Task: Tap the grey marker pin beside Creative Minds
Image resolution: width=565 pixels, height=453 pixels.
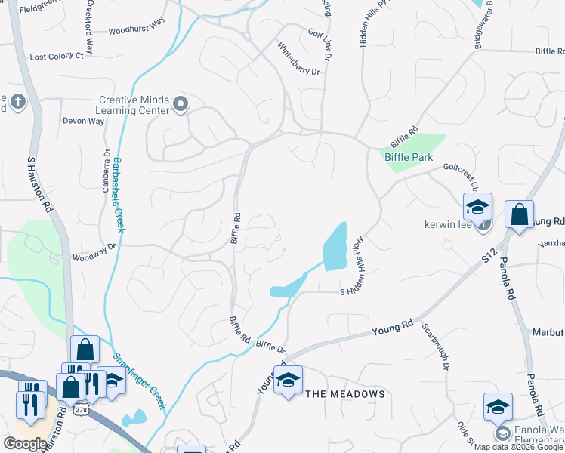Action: coord(180,104)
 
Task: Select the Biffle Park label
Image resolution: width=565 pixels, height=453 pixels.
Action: coord(409,157)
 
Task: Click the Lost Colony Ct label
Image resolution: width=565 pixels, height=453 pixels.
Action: coord(57,57)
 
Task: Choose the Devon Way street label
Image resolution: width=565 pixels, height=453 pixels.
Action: coord(83,121)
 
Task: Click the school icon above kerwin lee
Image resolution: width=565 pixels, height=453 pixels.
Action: coord(477,206)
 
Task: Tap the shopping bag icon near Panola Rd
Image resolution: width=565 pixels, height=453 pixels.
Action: coord(519,214)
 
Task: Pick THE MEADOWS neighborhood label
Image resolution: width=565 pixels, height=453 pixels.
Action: coord(345,394)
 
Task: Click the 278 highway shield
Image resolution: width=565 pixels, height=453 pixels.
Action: coord(79,409)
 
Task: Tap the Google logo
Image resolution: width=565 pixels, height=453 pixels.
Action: coord(26,444)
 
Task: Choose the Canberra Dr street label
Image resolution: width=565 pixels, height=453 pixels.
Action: coord(107,170)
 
